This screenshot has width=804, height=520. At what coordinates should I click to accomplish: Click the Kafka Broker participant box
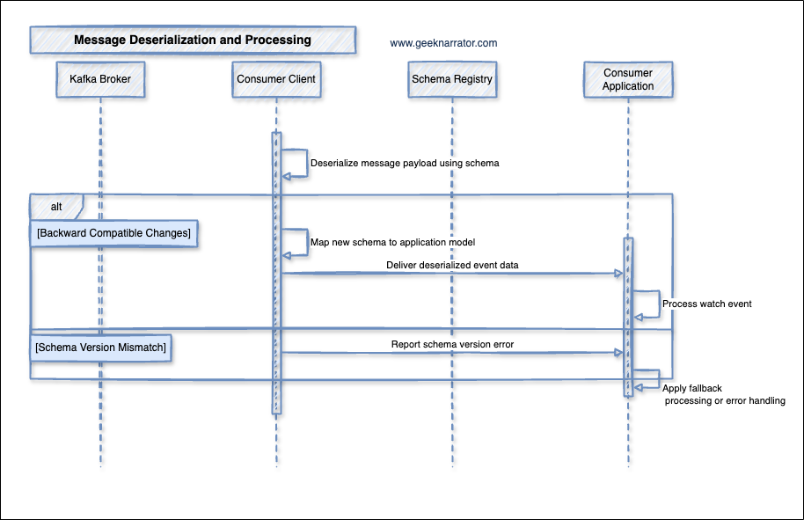tap(100, 79)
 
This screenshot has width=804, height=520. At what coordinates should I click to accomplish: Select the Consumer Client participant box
tap(276, 79)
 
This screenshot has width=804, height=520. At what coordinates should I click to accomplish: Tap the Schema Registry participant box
tap(452, 79)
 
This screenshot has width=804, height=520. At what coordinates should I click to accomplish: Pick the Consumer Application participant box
tap(628, 79)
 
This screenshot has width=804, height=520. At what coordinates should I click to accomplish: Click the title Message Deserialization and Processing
tap(193, 40)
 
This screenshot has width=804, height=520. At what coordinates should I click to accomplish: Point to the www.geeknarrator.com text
tap(443, 42)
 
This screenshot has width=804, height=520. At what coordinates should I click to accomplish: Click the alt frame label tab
tap(55, 206)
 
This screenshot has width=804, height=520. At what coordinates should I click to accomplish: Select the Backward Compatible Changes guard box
tap(113, 233)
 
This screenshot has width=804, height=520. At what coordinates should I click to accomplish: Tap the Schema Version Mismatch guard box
tap(100, 348)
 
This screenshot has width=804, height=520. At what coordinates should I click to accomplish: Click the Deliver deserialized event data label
tap(452, 264)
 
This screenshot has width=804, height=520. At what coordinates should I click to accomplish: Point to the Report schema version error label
tap(452, 344)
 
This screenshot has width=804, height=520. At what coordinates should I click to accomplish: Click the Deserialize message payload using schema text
tap(405, 163)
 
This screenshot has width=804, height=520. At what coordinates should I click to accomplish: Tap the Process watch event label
tap(706, 304)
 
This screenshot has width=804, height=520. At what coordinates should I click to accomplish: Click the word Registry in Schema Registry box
tap(473, 79)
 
